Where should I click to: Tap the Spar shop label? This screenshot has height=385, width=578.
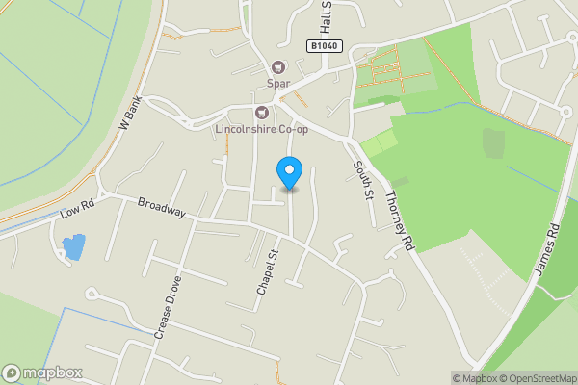pyautogui.click(x=279, y=83)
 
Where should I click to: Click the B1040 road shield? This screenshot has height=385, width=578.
pyautogui.click(x=325, y=46)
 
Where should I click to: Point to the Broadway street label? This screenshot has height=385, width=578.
pyautogui.click(x=161, y=209)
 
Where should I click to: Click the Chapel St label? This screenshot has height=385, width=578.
pyautogui.click(x=267, y=274)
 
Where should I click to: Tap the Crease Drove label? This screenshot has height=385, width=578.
pyautogui.click(x=167, y=314)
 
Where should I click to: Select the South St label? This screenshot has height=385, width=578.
pyautogui.click(x=362, y=180)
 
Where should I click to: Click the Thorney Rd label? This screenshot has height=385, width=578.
pyautogui.click(x=398, y=221)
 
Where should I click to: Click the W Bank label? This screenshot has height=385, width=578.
pyautogui.click(x=129, y=114)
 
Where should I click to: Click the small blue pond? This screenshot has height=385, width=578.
pyautogui.click(x=73, y=246)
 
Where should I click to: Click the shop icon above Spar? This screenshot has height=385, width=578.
pyautogui.click(x=279, y=66)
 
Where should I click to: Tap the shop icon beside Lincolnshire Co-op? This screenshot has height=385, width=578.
pyautogui.click(x=259, y=112)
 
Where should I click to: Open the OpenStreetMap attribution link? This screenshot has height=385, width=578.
pyautogui.click(x=529, y=378)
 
